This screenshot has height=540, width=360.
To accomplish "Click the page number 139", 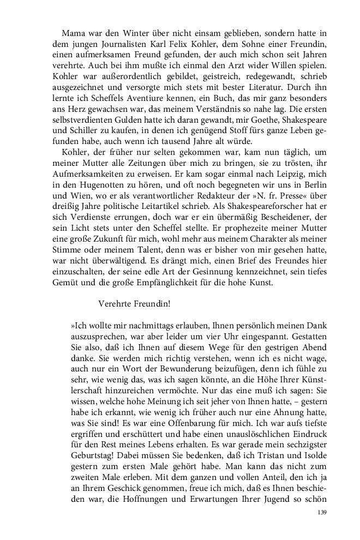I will point(321,513).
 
